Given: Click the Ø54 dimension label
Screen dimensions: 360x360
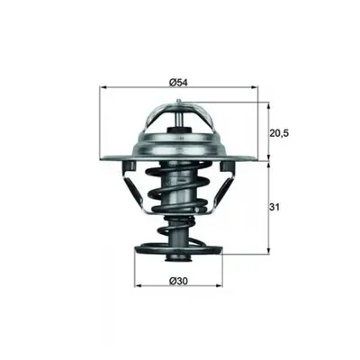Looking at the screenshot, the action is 178,83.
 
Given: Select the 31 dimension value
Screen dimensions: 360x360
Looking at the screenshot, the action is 274,207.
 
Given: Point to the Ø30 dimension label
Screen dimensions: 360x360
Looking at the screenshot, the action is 178,281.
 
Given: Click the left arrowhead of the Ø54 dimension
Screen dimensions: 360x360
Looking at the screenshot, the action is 103,87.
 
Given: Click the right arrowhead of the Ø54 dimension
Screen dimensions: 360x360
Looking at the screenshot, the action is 255,87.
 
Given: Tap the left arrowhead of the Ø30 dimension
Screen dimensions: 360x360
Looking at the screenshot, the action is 138,285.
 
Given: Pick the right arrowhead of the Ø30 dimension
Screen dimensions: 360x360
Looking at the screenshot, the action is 220,285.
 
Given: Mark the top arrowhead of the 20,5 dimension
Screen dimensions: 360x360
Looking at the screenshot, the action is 269,105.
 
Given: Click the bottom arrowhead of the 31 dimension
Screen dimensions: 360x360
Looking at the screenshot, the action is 269,250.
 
